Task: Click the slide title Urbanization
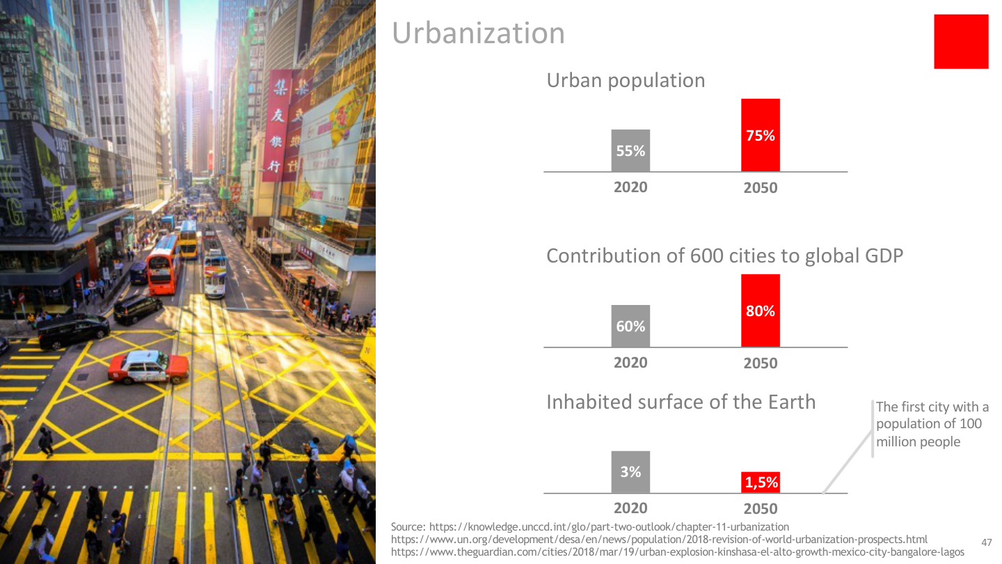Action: point(478,33)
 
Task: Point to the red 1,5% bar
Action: point(761,482)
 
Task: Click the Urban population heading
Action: point(626,81)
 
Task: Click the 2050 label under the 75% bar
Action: point(760,188)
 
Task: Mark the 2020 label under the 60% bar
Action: point(630,363)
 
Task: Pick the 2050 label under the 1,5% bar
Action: point(760,509)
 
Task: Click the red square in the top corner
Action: point(961,42)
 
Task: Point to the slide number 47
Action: point(986,542)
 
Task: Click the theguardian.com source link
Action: point(677,552)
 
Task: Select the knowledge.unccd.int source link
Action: point(609,527)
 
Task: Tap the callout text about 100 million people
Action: point(931,424)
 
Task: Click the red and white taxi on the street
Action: point(148,366)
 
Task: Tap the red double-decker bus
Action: point(163,263)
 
